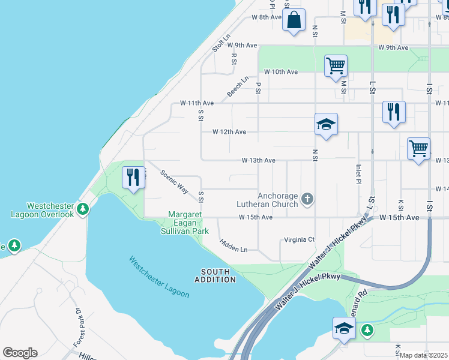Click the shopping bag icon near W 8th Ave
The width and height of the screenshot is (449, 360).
pos(294,20)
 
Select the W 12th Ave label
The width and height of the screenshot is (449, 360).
pos(229,132)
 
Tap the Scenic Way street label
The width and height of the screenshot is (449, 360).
pos(174,181)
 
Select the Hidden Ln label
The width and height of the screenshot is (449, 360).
pos(234,245)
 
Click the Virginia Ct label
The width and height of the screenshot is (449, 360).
pos(300,240)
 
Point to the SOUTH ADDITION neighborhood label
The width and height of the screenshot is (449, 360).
pos(215,276)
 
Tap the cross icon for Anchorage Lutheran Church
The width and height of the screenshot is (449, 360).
pos(307,199)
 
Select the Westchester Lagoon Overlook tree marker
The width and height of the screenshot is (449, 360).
pos(83,209)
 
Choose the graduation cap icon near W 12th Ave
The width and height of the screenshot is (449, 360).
pos(326,124)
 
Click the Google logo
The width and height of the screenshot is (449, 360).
pos(20,353)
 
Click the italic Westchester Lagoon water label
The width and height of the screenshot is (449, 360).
pos(159,277)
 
